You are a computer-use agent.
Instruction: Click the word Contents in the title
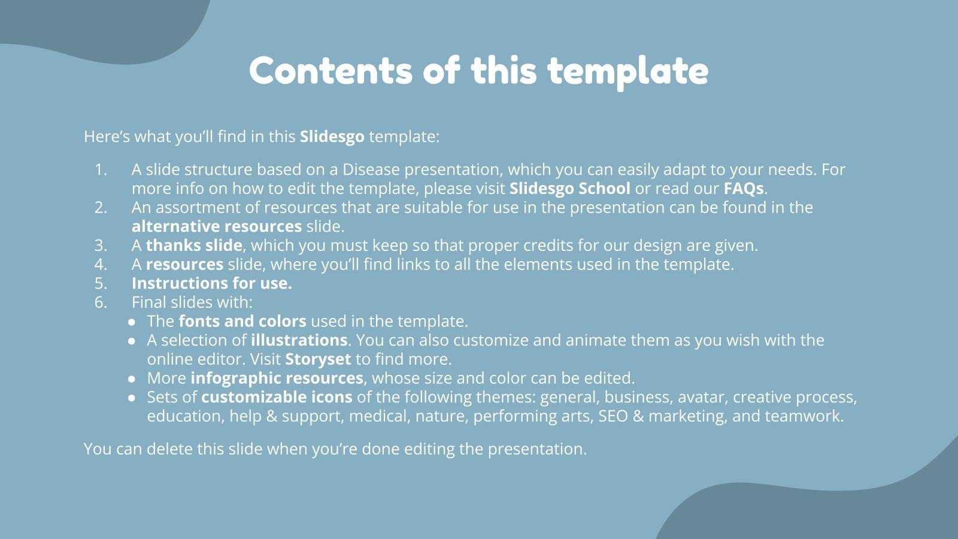331,70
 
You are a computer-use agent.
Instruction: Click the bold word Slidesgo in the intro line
332,137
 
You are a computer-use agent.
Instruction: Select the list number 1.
101,170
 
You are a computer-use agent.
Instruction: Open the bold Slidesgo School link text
569,189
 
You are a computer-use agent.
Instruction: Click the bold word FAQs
743,189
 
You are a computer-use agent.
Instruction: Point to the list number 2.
101,207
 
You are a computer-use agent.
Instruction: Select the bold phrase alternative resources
217,226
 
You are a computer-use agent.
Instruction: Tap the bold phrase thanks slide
194,246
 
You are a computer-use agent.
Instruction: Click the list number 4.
101,264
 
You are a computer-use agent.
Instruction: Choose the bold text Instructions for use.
212,283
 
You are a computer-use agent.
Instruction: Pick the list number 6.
101,302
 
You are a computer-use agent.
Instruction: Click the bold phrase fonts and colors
242,321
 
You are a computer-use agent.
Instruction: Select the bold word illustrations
299,340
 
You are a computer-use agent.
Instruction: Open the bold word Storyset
318,359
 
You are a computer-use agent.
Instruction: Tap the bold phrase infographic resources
277,378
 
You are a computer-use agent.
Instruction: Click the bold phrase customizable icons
277,397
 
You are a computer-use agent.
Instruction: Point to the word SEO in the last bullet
613,416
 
